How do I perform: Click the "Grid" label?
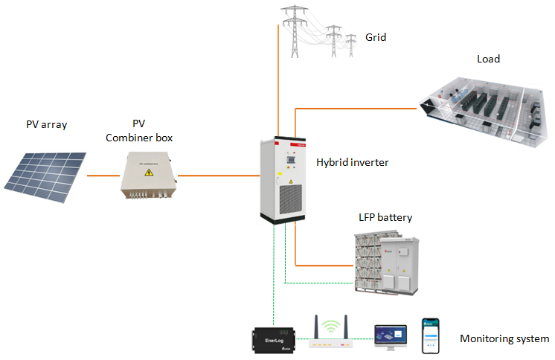(376, 37)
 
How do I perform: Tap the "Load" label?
(488, 59)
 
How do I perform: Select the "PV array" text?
(45, 124)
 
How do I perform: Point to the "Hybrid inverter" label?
(352, 161)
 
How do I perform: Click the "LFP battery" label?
(385, 217)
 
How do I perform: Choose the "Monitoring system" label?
(504, 339)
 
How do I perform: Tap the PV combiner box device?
(150, 176)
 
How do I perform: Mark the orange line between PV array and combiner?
(103, 176)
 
